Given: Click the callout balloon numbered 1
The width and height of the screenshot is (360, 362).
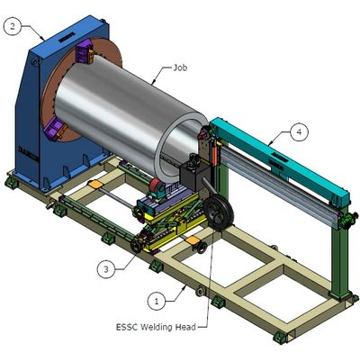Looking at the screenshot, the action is (x=157, y=301).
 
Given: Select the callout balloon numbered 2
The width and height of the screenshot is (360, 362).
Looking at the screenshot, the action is (x=13, y=26).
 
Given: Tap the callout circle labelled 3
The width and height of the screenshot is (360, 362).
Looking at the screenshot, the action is (x=106, y=269).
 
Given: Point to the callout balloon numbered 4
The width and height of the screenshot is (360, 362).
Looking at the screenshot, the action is (x=299, y=131).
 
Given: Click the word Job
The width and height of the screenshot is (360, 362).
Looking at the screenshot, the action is (x=180, y=68).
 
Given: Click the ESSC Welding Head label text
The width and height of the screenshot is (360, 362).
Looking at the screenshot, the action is (x=156, y=327).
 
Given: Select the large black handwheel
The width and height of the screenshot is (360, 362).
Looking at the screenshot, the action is (x=219, y=213).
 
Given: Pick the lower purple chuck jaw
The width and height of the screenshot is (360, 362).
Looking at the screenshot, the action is (x=56, y=129).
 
